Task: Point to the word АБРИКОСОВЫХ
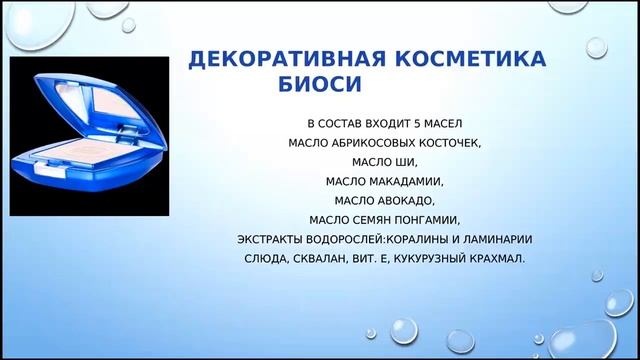click(x=372, y=144)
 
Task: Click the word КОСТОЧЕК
click(x=448, y=144)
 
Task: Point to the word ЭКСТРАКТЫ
click(x=273, y=239)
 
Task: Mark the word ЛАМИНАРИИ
click(x=495, y=239)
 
